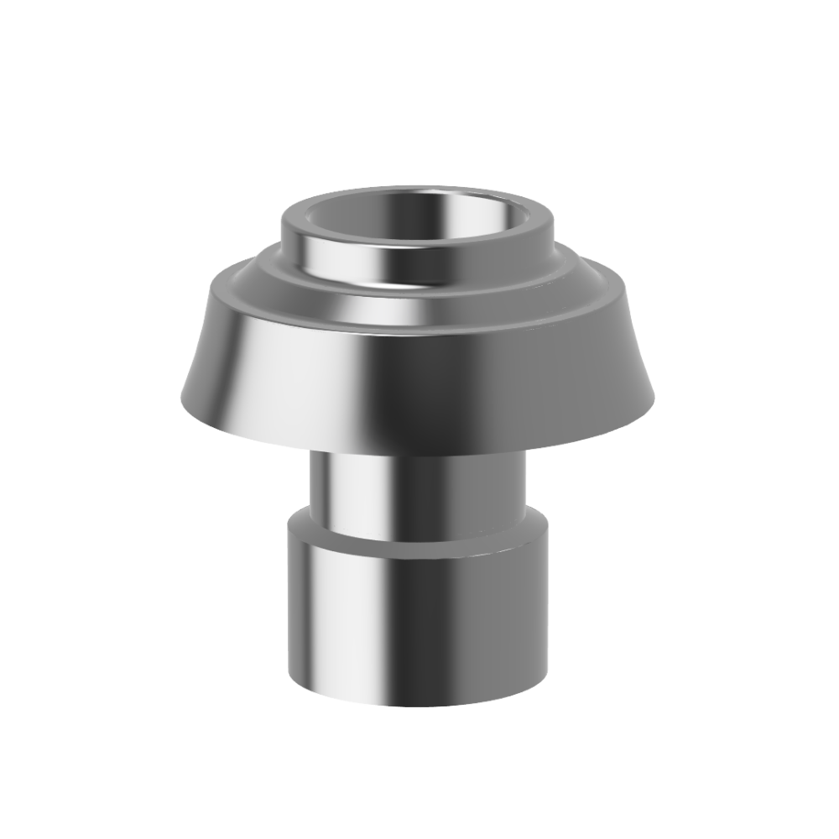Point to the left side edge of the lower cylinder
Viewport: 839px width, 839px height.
pos(290,604)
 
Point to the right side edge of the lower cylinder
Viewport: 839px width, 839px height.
pos(550,604)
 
